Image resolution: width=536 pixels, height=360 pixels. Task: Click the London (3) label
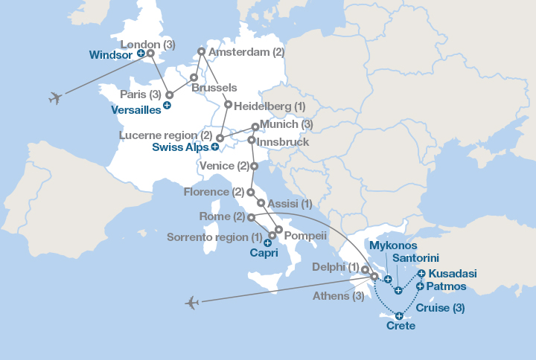point(147,44)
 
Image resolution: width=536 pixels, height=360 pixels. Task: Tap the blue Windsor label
point(112,55)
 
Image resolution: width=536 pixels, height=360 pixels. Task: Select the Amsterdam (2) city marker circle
point(200,52)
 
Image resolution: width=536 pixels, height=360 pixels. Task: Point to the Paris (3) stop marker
point(169,94)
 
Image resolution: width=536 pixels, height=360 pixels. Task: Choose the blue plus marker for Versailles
point(167,106)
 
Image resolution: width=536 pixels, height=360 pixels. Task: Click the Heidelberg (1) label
point(269,106)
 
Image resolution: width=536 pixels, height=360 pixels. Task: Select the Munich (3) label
point(287,124)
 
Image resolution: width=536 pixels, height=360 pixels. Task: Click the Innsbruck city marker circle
point(252,140)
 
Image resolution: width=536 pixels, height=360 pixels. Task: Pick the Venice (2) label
point(224,166)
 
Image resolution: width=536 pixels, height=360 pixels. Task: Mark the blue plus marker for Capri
point(267,242)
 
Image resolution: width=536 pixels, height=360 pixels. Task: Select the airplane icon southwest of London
point(54,97)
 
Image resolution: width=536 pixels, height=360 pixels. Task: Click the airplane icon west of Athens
point(192,302)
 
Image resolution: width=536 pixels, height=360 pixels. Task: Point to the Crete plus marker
point(400,316)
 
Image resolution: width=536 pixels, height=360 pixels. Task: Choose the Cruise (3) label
point(441,308)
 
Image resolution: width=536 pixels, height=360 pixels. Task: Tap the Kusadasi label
point(453,274)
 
